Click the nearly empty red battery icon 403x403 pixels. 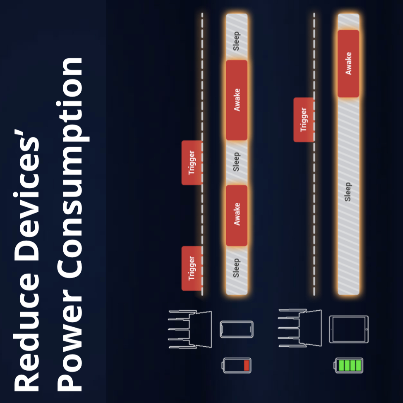coord(237,365)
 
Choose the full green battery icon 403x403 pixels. coord(349,365)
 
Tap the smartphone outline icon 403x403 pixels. coord(236,329)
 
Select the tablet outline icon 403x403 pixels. coord(349,329)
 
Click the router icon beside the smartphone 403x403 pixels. coord(190,329)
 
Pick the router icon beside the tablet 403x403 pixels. coord(300,329)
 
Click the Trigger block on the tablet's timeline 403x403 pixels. coord(304,120)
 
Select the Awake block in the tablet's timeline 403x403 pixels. coord(348,63)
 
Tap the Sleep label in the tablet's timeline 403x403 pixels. coord(348,192)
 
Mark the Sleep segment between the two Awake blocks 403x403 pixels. coord(236,162)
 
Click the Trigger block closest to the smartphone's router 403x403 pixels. coord(192,268)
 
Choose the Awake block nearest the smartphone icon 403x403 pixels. coord(237,215)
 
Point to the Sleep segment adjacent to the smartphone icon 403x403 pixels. coord(236,269)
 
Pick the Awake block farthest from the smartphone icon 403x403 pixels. coord(237,100)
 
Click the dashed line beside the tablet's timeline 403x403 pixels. coord(314,207)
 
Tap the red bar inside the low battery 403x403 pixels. coord(247,365)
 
